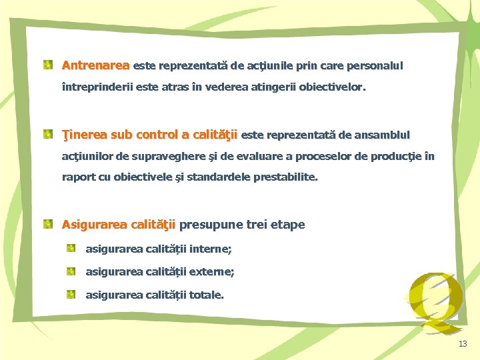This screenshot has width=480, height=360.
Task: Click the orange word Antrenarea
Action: pos(95,66)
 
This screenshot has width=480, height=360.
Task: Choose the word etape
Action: pos(287,225)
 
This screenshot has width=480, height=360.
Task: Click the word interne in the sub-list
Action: pos(210,249)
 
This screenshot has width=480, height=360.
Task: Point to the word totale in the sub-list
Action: pos(206,295)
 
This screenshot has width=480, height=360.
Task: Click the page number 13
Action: pos(463,344)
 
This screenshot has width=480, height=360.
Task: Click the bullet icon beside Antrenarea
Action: pos(49,65)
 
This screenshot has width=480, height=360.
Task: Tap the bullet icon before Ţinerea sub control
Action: pos(49,135)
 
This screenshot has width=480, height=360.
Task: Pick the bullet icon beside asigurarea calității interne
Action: pos(71,249)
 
